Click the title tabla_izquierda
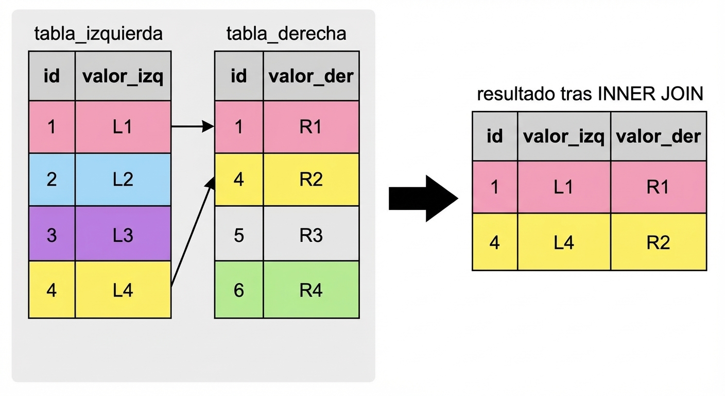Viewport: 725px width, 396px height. click(98, 34)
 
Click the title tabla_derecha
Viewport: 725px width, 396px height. click(286, 34)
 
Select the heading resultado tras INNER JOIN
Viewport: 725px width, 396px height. click(590, 95)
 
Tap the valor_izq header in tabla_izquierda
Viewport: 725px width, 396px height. click(123, 76)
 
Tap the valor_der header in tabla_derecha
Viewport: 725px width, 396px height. click(311, 76)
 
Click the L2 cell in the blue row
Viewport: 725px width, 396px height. click(123, 179)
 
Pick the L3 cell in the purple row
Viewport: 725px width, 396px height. click(123, 235)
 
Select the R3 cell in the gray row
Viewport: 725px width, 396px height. click(311, 235)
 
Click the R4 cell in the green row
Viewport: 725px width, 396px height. click(311, 290)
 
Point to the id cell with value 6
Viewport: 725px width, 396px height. click(238, 290)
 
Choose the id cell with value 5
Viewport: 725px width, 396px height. click(238, 235)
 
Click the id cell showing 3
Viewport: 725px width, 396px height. click(51, 235)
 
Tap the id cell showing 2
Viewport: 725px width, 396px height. click(51, 179)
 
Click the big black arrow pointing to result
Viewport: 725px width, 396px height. click(423, 199)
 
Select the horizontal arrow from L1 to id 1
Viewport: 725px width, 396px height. click(192, 126)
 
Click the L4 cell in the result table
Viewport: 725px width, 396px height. click(564, 242)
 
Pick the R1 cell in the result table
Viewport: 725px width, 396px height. click(658, 187)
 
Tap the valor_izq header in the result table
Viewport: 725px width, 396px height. click(564, 137)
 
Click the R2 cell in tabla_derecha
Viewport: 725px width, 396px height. click(311, 179)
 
